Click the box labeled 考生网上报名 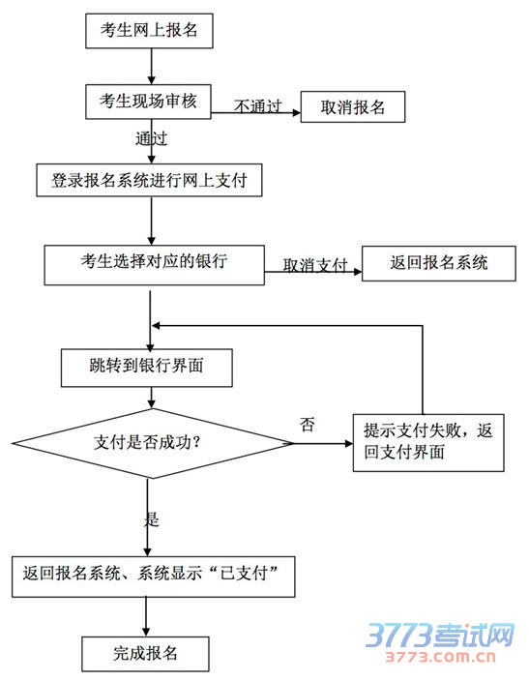pyautogui.click(x=149, y=30)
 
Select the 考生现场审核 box pyautogui.click(x=148, y=102)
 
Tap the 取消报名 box pyautogui.click(x=353, y=106)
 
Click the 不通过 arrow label pyautogui.click(x=258, y=105)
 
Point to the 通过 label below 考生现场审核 pyautogui.click(x=151, y=138)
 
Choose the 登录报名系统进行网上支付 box pyautogui.click(x=149, y=180)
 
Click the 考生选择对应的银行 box pyautogui.click(x=154, y=265)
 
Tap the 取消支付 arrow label pyautogui.click(x=315, y=264)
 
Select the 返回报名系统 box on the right pyautogui.click(x=439, y=263)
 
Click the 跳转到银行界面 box pyautogui.click(x=146, y=368)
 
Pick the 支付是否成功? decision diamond pyautogui.click(x=153, y=443)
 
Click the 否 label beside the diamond pyautogui.click(x=308, y=424)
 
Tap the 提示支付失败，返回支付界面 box pyautogui.click(x=428, y=443)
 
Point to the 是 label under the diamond pyautogui.click(x=152, y=519)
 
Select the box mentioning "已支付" pyautogui.click(x=154, y=577)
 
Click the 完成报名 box pyautogui.click(x=145, y=654)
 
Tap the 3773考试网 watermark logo pyautogui.click(x=439, y=635)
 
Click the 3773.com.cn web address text pyautogui.click(x=440, y=657)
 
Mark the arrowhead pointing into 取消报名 pyautogui.click(x=297, y=113)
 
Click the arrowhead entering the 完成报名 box pyautogui.click(x=146, y=633)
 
